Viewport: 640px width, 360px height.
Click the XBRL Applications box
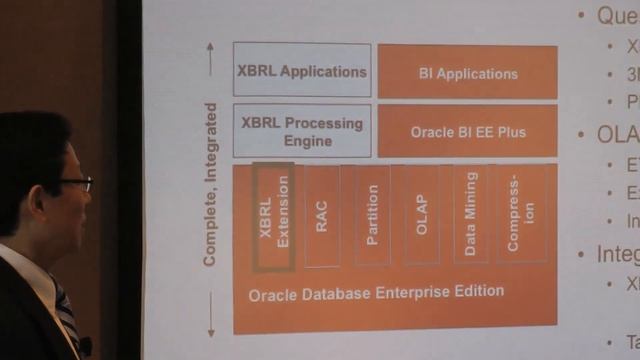pyautogui.click(x=302, y=70)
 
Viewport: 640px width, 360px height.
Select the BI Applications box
pyautogui.click(x=467, y=72)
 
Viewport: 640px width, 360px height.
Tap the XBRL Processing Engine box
pyautogui.click(x=302, y=131)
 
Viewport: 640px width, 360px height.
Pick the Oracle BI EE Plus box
pyautogui.click(x=467, y=131)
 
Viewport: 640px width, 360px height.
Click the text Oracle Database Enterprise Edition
pyautogui.click(x=376, y=292)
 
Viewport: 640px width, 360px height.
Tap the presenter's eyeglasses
pyautogui.click(x=74, y=184)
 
